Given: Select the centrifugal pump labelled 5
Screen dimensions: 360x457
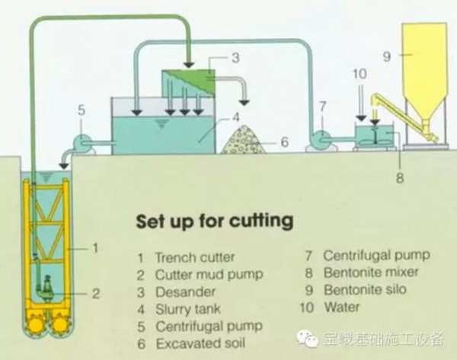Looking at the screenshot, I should click(84, 142).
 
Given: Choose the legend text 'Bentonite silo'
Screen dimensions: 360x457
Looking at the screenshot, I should click(365, 290).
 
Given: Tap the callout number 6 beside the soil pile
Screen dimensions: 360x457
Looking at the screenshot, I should click(283, 142).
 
